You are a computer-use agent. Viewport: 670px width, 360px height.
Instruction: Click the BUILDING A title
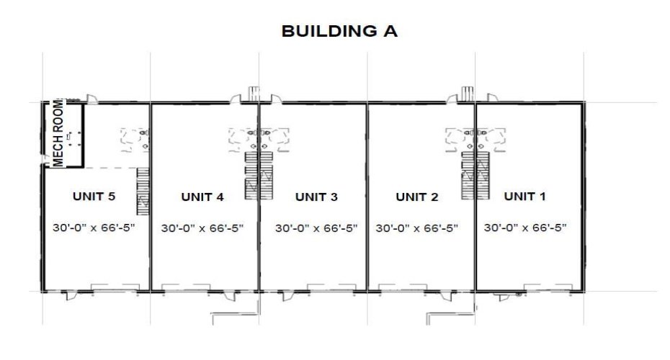pyautogui.click(x=339, y=32)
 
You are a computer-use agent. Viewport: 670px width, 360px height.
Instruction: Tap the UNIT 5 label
pyautogui.click(x=94, y=196)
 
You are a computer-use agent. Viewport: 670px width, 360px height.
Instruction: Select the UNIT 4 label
pyautogui.click(x=202, y=196)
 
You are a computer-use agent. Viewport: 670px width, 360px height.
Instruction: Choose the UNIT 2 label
pyautogui.click(x=417, y=196)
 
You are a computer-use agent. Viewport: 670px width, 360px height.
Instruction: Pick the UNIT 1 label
pyautogui.click(x=525, y=196)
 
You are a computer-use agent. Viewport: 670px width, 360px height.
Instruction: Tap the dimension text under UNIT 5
pyautogui.click(x=94, y=228)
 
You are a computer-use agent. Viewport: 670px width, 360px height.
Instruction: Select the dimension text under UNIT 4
pyautogui.click(x=202, y=228)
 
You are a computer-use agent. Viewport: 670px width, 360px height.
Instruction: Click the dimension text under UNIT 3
pyautogui.click(x=317, y=228)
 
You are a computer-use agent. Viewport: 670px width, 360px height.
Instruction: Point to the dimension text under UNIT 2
pyautogui.click(x=417, y=228)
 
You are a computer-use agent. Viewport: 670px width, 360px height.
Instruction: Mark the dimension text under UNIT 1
pyautogui.click(x=525, y=228)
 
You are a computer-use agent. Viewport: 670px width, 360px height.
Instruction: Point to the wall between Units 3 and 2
pyautogui.click(x=367, y=216)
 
